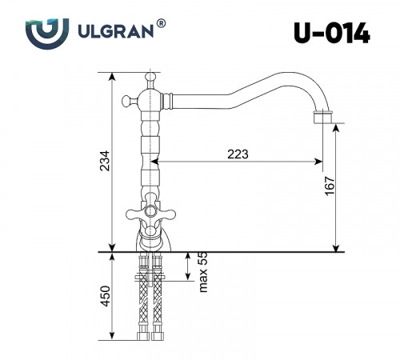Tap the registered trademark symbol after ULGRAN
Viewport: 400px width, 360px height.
click(162, 26)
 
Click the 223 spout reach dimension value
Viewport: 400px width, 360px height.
click(238, 154)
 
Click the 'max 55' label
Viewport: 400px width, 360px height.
click(203, 272)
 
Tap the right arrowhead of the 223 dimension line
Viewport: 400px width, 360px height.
click(320, 162)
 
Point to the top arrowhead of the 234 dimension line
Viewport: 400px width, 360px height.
click(110, 74)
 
